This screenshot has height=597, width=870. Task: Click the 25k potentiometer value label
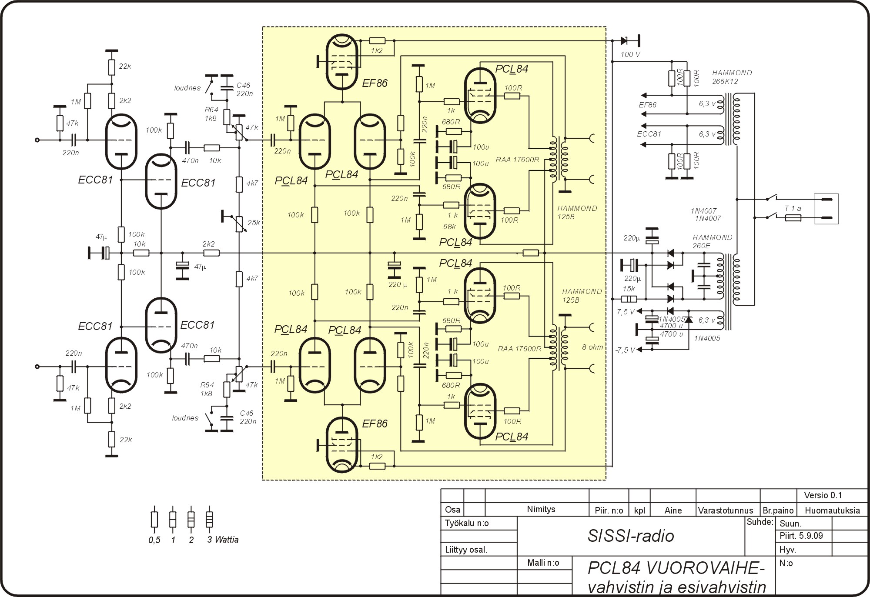point(254,223)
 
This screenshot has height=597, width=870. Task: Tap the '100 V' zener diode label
point(630,54)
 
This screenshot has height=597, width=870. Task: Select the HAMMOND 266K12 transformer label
point(732,77)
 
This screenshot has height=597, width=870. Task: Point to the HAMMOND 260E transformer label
point(713,241)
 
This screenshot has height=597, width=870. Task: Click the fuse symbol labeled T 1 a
point(793,217)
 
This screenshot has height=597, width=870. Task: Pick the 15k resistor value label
point(629,289)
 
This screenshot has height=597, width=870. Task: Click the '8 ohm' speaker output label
point(592,347)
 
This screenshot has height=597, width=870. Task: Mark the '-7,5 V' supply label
point(625,350)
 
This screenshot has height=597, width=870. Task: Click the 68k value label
point(449,227)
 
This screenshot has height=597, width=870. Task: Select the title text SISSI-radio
point(631,536)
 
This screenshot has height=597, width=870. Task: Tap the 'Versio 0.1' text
point(823,495)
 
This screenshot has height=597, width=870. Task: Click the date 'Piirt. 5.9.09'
point(801,536)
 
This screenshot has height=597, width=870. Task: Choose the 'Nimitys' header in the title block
point(541,509)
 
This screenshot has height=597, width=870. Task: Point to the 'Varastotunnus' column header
point(726,510)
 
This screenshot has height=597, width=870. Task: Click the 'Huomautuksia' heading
point(832,510)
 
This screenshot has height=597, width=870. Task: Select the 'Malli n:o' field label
point(543,563)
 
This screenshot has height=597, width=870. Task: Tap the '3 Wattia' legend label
point(223,540)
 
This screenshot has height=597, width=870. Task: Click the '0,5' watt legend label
point(154,540)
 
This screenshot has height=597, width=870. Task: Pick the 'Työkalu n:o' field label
point(467,523)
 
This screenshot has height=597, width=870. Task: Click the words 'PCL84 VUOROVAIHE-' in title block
point(676,568)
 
